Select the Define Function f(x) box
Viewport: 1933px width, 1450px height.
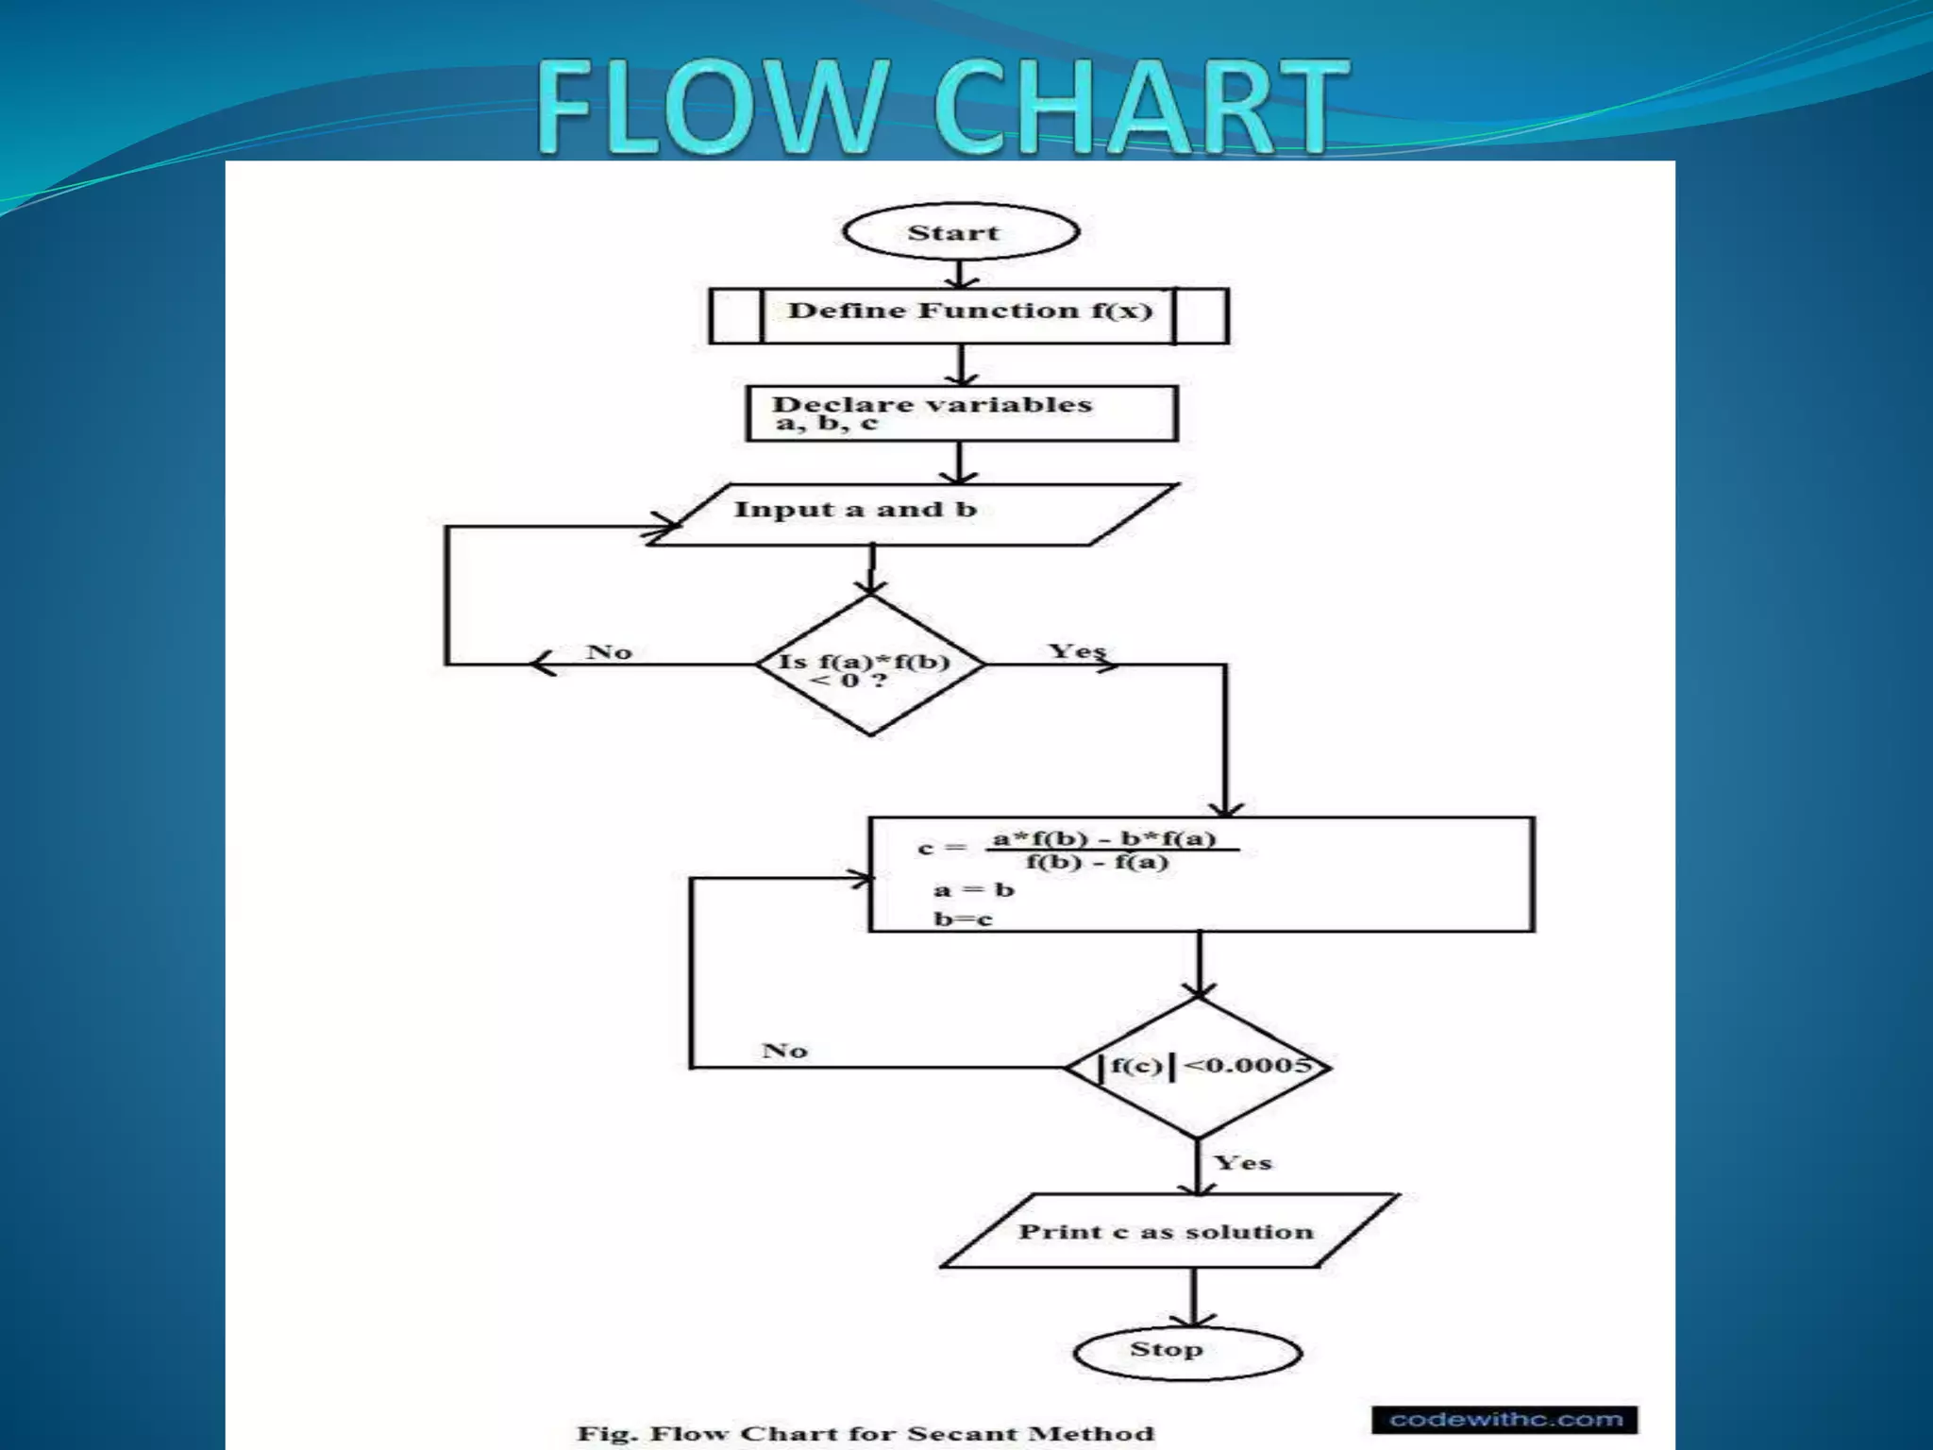point(968,315)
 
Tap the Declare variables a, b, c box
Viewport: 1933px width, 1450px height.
point(962,413)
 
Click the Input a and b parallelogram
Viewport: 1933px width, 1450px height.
point(913,514)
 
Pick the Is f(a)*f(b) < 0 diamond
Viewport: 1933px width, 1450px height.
point(870,665)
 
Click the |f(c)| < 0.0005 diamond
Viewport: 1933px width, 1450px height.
point(1198,1068)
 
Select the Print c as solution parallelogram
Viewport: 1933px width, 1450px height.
point(1169,1231)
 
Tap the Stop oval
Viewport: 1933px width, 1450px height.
point(1188,1352)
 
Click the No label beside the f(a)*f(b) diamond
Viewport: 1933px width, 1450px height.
point(609,651)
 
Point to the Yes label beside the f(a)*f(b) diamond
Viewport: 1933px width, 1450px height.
point(1077,650)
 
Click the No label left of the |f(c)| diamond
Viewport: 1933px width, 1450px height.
point(784,1050)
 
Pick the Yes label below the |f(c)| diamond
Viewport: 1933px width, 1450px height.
point(1243,1162)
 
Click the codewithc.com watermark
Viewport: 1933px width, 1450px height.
point(1505,1419)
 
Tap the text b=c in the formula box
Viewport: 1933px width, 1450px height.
point(964,919)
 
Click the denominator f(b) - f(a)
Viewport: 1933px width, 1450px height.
point(1098,862)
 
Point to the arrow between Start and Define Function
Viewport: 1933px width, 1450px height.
point(960,274)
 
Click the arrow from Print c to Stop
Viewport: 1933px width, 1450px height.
point(1194,1296)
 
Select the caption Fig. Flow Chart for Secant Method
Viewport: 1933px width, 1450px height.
point(866,1433)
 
